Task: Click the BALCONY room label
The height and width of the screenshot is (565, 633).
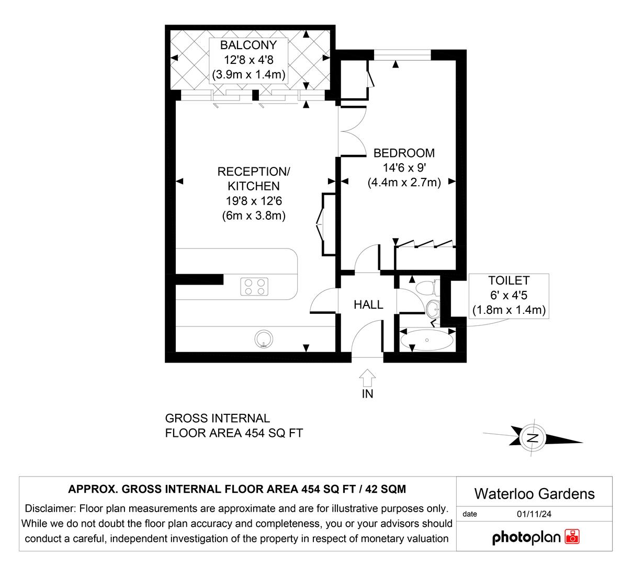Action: [x=248, y=45]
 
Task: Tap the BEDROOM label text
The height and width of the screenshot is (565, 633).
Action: [x=403, y=153]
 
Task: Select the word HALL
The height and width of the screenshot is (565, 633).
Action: [x=368, y=304]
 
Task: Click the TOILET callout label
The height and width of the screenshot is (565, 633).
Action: [x=508, y=281]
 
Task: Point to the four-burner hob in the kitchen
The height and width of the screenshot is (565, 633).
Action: [x=254, y=286]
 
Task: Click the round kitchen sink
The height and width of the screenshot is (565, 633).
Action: [x=264, y=340]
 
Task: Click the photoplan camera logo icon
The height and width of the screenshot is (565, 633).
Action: [x=572, y=537]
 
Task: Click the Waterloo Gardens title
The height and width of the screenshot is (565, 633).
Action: [x=534, y=493]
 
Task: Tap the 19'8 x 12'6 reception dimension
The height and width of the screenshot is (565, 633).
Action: [x=253, y=201]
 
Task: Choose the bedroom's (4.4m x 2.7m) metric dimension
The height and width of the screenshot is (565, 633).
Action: [x=404, y=183]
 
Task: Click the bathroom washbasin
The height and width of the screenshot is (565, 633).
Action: [x=433, y=309]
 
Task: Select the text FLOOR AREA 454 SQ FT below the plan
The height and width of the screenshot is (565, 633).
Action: [x=234, y=433]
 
